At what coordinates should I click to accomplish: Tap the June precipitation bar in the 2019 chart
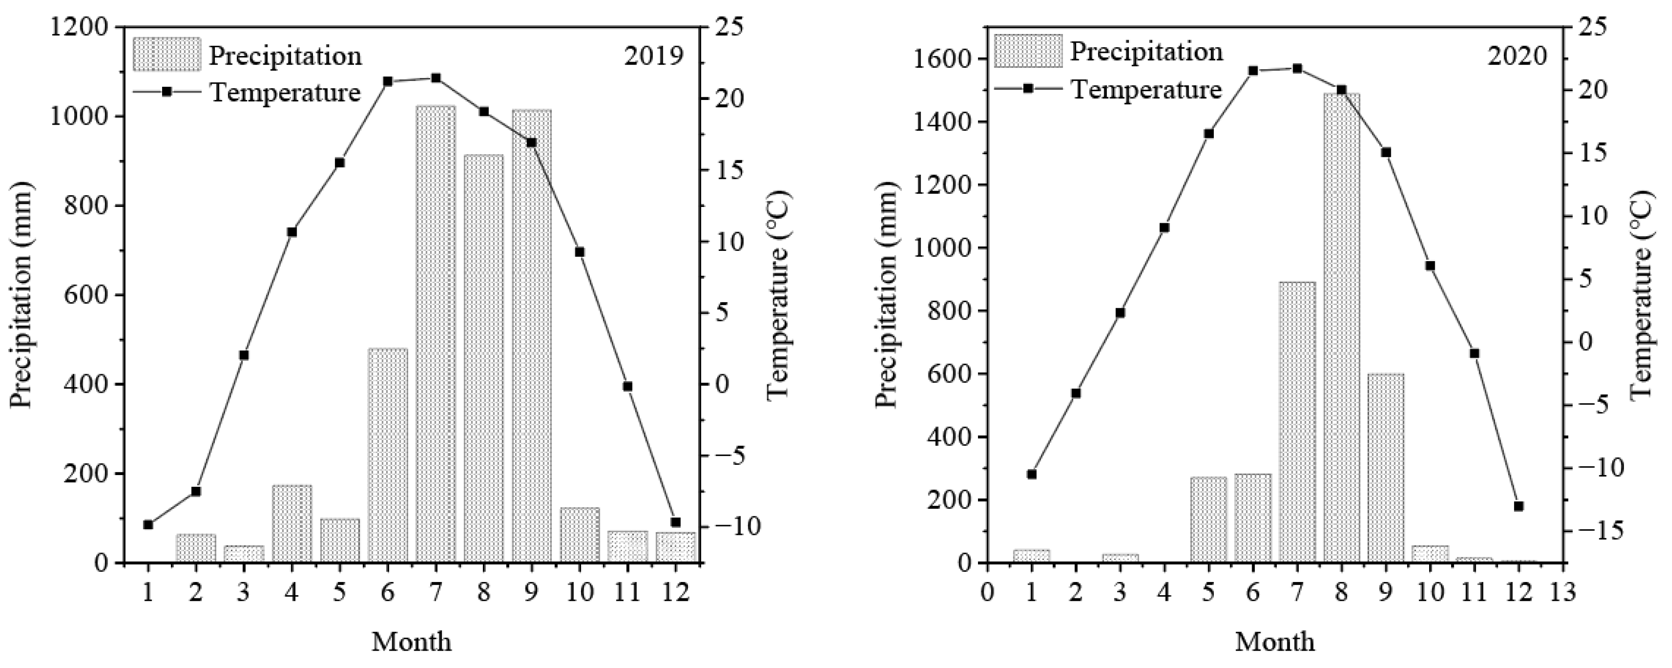click(x=388, y=455)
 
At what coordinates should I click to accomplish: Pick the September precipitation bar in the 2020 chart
click(x=1385, y=468)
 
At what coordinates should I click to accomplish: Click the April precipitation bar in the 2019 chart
click(x=291, y=523)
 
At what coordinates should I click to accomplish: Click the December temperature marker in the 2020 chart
click(x=1518, y=506)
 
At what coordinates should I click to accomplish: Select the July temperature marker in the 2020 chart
click(x=1297, y=68)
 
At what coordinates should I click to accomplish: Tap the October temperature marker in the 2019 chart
click(x=580, y=252)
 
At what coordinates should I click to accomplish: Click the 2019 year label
click(x=653, y=57)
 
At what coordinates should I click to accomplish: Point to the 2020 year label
click(x=1517, y=57)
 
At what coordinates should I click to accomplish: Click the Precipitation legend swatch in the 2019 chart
click(x=167, y=55)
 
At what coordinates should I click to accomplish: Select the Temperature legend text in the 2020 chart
click(x=1146, y=89)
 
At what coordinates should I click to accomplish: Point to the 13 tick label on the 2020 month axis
click(x=1562, y=593)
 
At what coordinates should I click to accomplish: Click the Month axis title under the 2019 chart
click(x=411, y=642)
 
